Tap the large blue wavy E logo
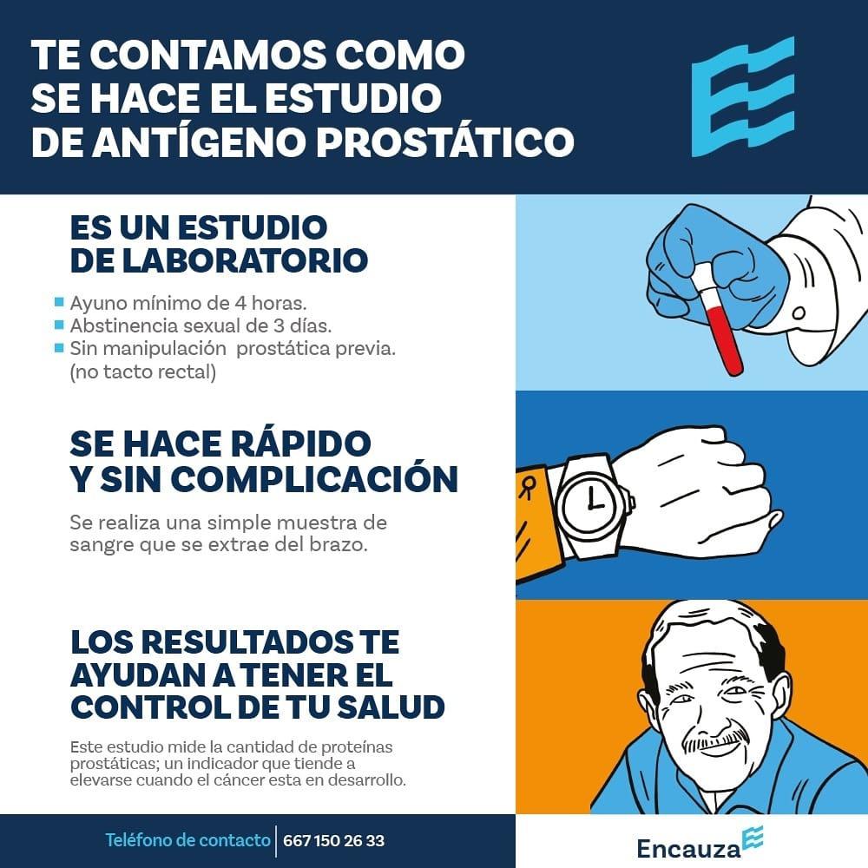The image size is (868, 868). (x=742, y=96)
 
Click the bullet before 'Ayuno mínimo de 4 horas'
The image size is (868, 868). (x=59, y=303)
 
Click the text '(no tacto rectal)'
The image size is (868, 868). (x=142, y=372)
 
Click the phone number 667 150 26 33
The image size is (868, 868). (x=333, y=840)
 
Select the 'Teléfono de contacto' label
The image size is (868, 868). (x=187, y=840)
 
